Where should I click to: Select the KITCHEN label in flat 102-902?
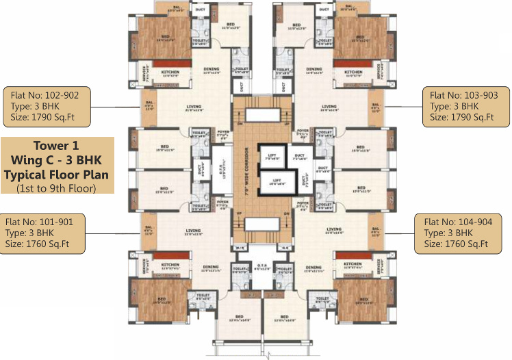(170, 71)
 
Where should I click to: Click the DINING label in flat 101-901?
(210, 267)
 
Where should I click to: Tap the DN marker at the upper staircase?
(239, 124)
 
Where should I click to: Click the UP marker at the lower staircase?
(239, 214)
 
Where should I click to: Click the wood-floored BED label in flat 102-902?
(165, 37)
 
